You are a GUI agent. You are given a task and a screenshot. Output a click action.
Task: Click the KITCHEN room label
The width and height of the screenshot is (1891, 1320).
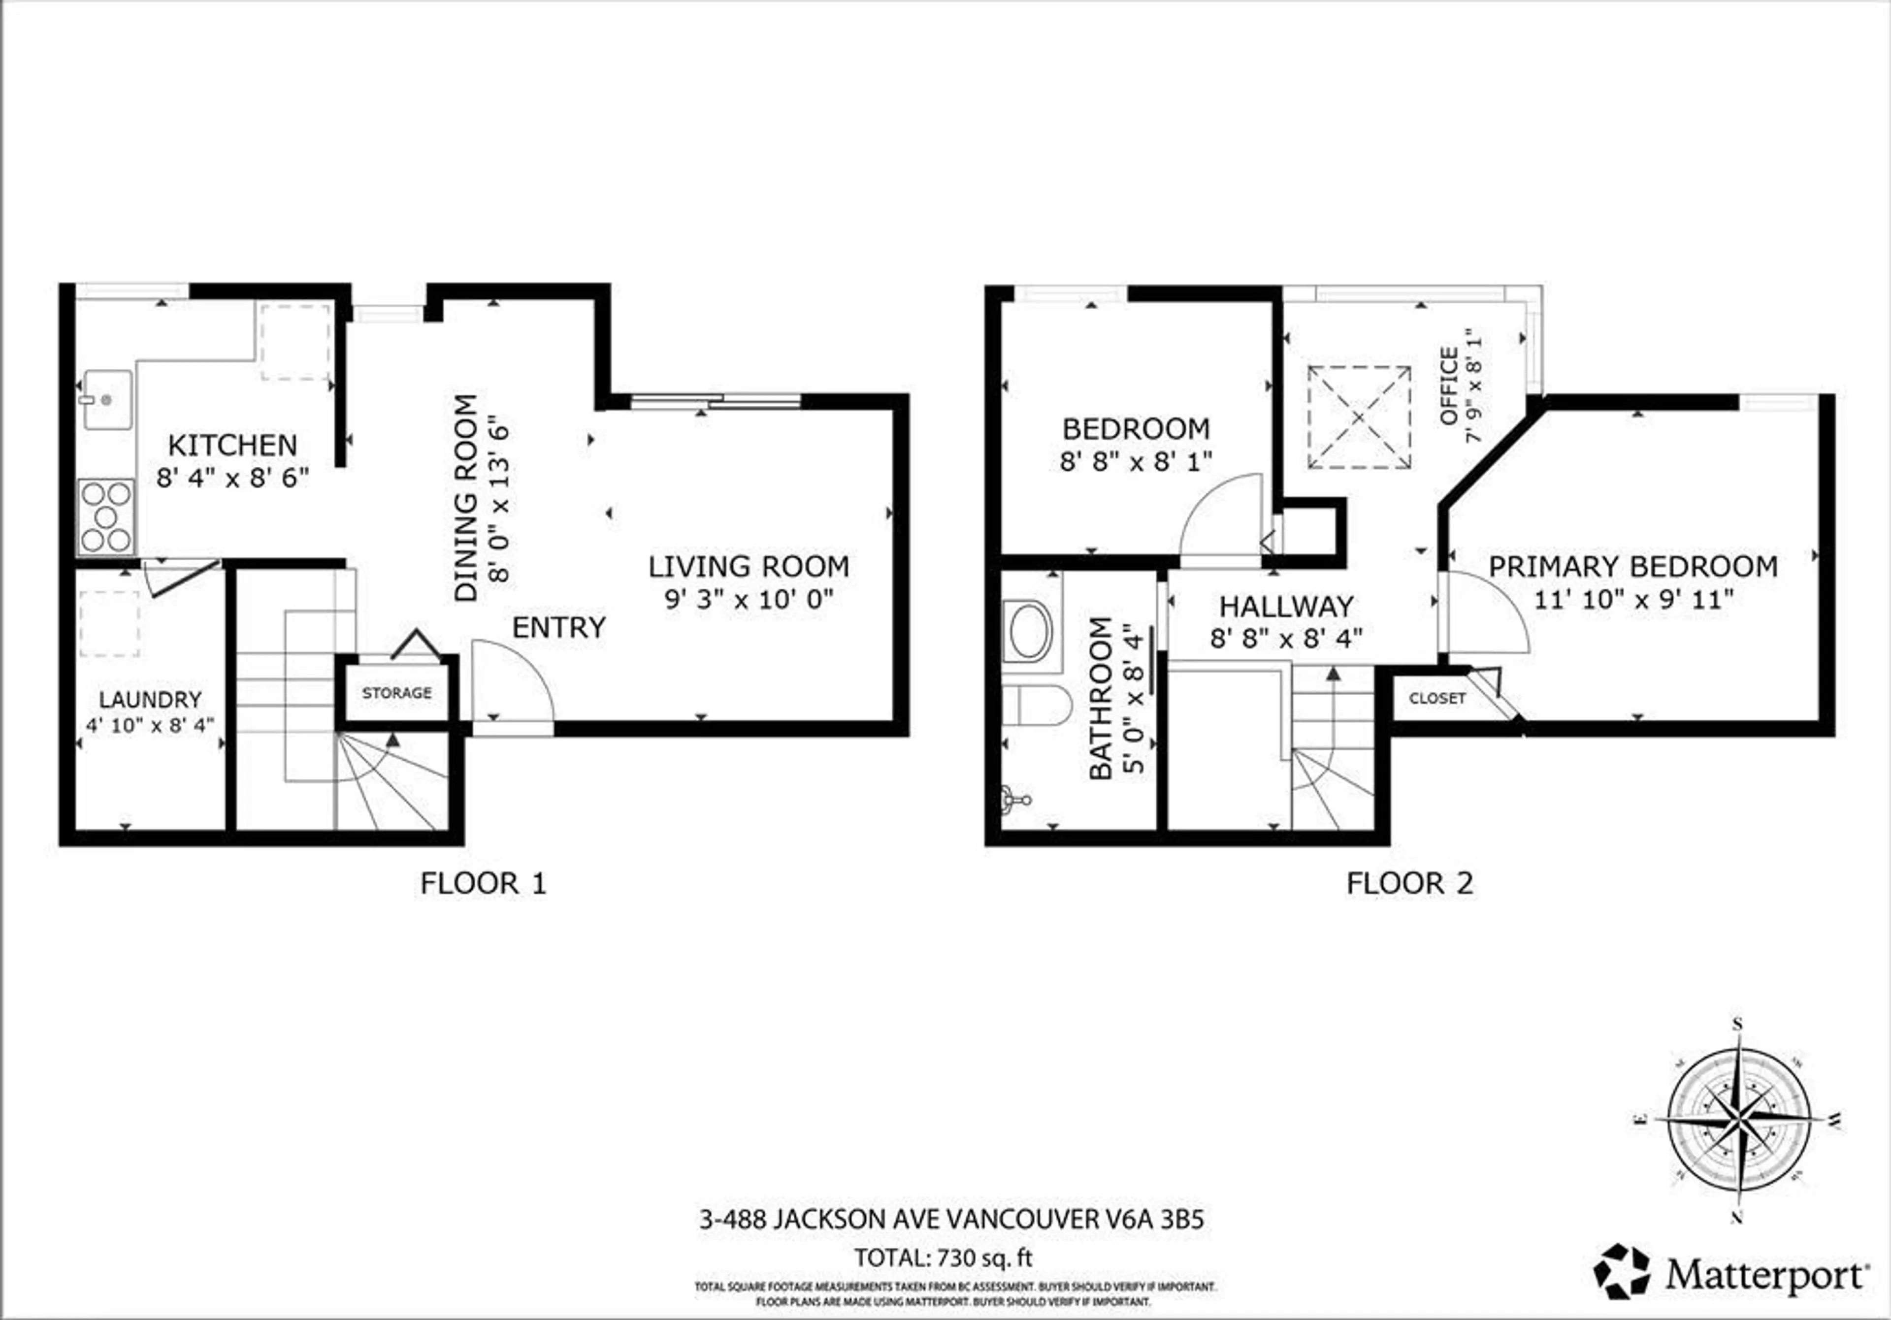pyautogui.click(x=232, y=446)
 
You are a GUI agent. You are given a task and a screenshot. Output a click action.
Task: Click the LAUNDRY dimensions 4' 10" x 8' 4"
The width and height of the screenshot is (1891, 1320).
pyautogui.click(x=150, y=725)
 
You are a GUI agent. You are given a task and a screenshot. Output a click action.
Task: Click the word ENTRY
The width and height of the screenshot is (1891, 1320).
pyautogui.click(x=558, y=627)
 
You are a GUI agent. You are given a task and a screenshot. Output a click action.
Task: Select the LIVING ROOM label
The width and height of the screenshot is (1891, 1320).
pyautogui.click(x=749, y=567)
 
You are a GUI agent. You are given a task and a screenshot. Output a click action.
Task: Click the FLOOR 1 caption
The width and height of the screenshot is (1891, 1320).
pyautogui.click(x=483, y=884)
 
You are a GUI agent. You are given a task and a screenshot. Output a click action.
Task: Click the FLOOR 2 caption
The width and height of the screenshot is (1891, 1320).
pyautogui.click(x=1409, y=884)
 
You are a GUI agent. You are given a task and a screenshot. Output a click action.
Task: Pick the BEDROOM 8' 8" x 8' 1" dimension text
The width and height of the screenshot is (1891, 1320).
pyautogui.click(x=1136, y=462)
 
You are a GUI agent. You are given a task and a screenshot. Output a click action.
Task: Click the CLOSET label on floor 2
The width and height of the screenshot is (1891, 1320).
pyautogui.click(x=1437, y=698)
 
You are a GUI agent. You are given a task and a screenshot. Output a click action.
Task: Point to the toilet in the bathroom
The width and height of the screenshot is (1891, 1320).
pyautogui.click(x=1040, y=706)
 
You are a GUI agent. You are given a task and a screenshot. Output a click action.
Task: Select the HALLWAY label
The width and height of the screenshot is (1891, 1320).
pyautogui.click(x=1286, y=607)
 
